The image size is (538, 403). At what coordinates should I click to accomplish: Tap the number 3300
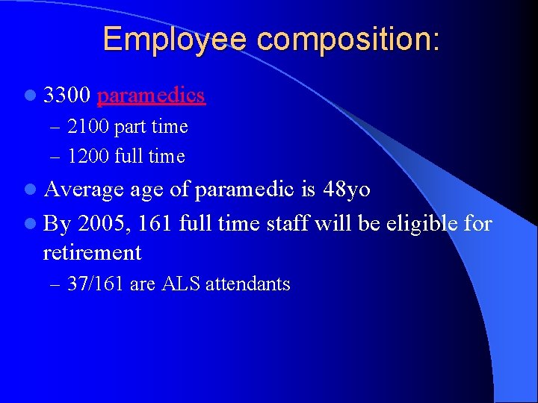coord(67,96)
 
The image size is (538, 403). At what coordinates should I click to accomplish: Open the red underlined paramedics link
coord(151,96)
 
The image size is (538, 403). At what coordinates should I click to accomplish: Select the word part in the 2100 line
coord(131,127)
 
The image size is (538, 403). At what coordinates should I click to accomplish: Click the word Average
coord(82,190)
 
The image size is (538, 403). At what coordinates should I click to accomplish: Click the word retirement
coord(92,253)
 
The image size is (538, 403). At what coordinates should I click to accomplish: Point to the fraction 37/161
coord(96,284)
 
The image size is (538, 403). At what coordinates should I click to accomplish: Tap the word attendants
coord(247,284)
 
